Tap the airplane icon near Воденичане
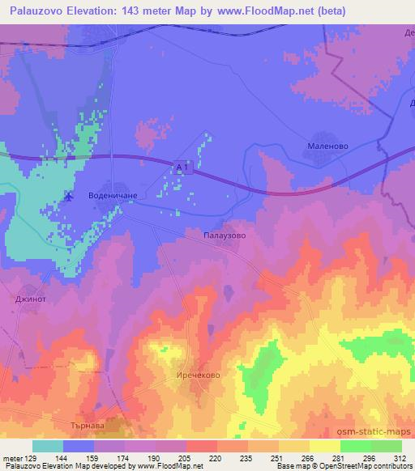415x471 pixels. [68, 197]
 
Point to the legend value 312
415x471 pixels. [401, 458]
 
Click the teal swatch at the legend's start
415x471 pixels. [48, 446]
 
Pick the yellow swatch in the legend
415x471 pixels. [325, 446]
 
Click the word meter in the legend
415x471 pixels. [11, 458]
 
